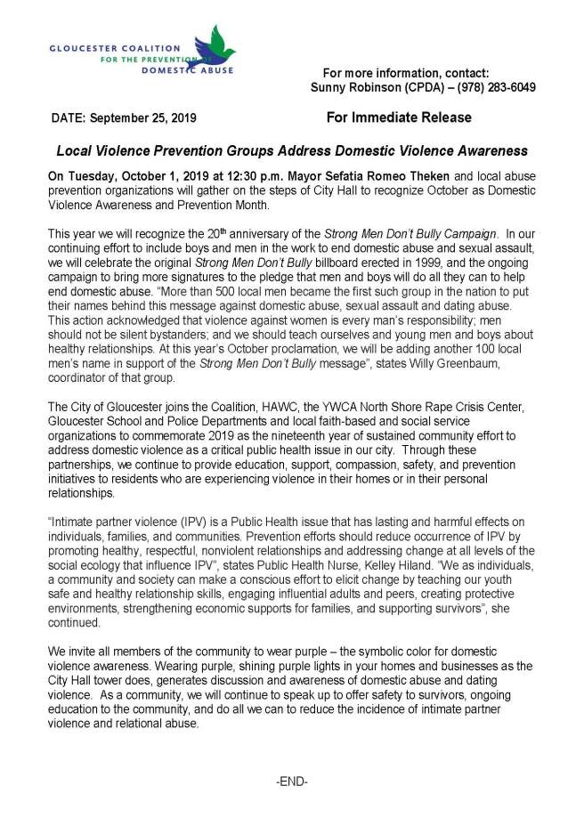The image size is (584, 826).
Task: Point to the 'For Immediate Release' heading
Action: point(399,117)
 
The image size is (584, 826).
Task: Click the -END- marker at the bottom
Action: point(291,781)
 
